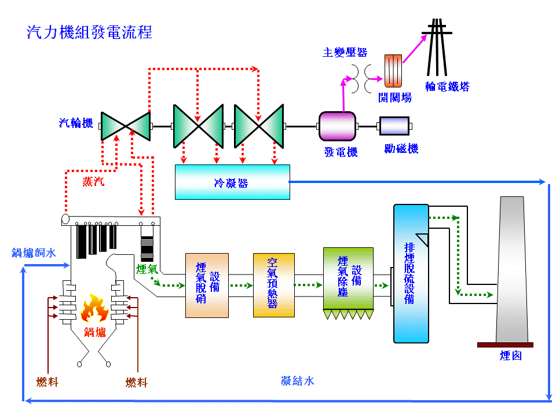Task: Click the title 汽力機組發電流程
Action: [x=90, y=32]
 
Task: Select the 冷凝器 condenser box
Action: [x=232, y=182]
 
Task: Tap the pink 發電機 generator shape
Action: [x=339, y=126]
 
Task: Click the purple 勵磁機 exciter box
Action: [x=394, y=126]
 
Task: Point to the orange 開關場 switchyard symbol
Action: [x=394, y=71]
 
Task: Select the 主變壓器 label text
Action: [x=345, y=53]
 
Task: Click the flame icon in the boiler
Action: [x=94, y=308]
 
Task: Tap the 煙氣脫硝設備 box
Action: [x=207, y=285]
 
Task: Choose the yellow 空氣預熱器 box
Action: [x=273, y=285]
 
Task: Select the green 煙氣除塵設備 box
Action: [x=348, y=279]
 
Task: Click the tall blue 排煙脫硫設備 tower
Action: [x=411, y=273]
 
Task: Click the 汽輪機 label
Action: [x=76, y=123]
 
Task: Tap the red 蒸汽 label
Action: [x=93, y=182]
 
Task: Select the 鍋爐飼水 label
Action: [x=34, y=253]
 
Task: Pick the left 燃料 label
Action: [x=47, y=382]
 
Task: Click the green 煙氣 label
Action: [x=147, y=269]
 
